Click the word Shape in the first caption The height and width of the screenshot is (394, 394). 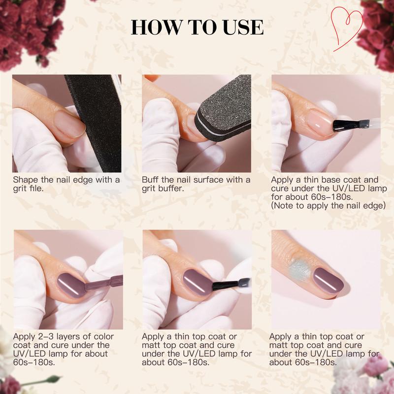tap(25, 180)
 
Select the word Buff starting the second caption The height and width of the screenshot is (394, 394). tap(151, 180)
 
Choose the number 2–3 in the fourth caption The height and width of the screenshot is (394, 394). tap(45, 337)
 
